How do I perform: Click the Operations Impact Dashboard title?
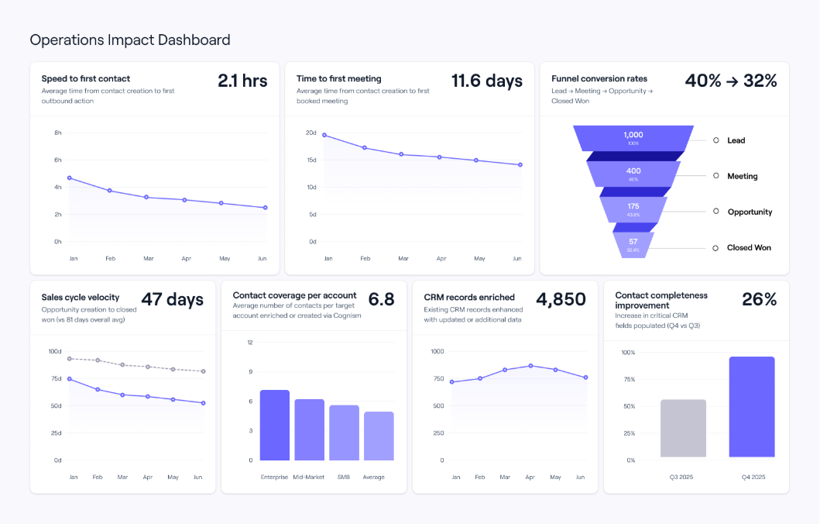[130, 40]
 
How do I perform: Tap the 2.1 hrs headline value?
[242, 81]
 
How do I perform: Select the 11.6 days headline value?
[486, 81]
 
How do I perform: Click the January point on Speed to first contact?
[70, 178]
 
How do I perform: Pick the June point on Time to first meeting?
[520, 164]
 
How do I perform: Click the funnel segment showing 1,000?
[633, 138]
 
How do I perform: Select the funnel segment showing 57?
[633, 245]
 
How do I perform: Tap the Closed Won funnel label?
[748, 248]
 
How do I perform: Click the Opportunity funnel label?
[750, 212]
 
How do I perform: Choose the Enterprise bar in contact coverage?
[274, 425]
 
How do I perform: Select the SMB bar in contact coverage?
[344, 433]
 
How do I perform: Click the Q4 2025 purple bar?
[752, 407]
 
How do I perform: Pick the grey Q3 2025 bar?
[683, 428]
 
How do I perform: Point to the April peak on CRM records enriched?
[530, 365]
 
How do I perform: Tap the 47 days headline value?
[172, 299]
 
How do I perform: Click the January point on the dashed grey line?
[70, 358]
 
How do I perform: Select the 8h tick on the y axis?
[57, 133]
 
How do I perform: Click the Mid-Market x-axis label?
[309, 477]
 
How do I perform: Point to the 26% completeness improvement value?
[759, 299]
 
